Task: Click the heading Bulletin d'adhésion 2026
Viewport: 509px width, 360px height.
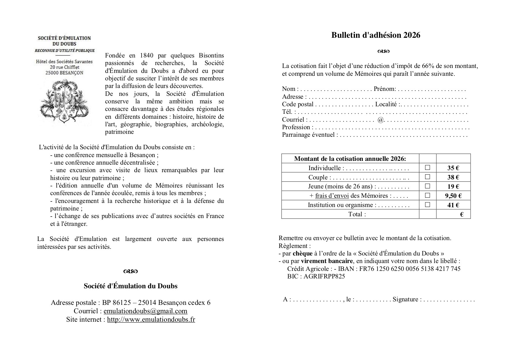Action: pyautogui.click(x=376, y=35)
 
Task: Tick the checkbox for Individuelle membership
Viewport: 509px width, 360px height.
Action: pyautogui.click(x=427, y=168)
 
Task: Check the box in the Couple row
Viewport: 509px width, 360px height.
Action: pyautogui.click(x=427, y=177)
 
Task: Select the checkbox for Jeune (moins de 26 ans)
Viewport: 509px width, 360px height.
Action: pyautogui.click(x=427, y=186)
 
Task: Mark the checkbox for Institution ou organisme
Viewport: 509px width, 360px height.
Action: pyautogui.click(x=427, y=204)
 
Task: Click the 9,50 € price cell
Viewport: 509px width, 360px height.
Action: pyautogui.click(x=453, y=196)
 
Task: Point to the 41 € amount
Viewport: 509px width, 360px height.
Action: pyautogui.click(x=453, y=205)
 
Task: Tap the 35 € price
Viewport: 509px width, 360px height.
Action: pyautogui.click(x=453, y=168)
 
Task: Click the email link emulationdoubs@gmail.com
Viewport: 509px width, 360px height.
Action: pyautogui.click(x=145, y=311)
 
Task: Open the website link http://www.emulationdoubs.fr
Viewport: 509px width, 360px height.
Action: pyautogui.click(x=151, y=320)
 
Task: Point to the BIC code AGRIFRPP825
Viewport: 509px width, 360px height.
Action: pyautogui.click(x=324, y=276)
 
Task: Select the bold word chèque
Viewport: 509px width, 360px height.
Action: pyautogui.click(x=302, y=253)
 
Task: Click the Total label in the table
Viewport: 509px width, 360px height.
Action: pyautogui.click(x=357, y=214)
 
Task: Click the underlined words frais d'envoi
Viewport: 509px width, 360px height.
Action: pyautogui.click(x=332, y=196)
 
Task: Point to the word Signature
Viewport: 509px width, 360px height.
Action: pyautogui.click(x=405, y=299)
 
